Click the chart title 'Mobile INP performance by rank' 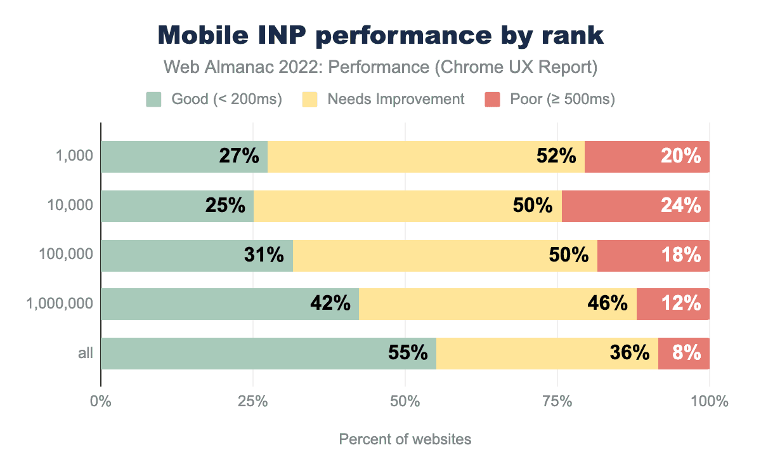380,36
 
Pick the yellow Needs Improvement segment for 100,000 445,255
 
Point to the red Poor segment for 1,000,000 673,304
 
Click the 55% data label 408,353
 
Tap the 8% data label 687,353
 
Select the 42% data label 330,304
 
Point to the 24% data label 680,206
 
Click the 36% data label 629,353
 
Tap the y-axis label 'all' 86,353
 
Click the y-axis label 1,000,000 60,304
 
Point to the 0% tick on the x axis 100,402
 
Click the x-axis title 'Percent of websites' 405,439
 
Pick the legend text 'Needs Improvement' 396,100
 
